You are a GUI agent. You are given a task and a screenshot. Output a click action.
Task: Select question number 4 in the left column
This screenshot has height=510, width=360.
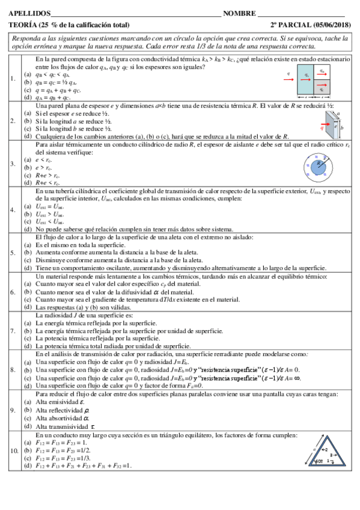click(x=13, y=210)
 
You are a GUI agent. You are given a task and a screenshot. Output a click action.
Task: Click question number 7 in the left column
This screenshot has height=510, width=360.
click(x=13, y=331)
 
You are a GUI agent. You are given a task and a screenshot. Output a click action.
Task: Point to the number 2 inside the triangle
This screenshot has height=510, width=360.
click(x=324, y=449)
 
